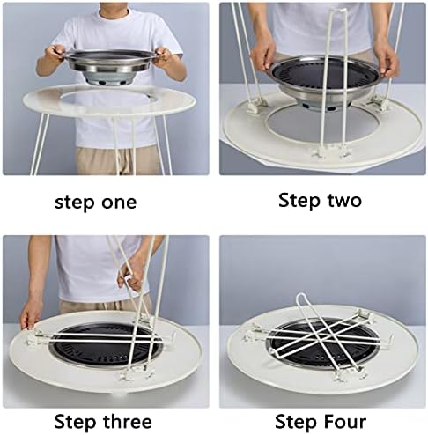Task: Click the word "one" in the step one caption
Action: click(119, 203)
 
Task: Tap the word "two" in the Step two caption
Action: click(344, 201)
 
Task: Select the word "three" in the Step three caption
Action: click(127, 422)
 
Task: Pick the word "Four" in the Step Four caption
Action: click(346, 422)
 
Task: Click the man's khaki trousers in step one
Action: click(117, 160)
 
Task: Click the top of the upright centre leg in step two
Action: click(337, 11)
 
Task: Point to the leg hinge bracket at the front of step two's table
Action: click(330, 152)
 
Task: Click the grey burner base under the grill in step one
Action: click(111, 80)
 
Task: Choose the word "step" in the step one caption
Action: click(74, 203)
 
